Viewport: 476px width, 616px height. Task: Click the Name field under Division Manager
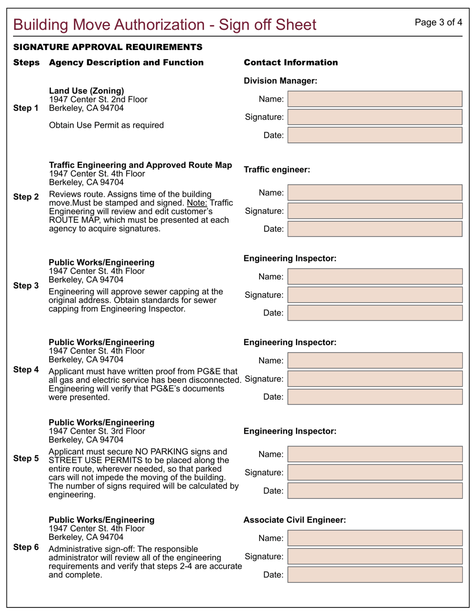pyautogui.click(x=375, y=99)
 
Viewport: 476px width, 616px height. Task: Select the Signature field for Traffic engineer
pyautogui.click(x=375, y=211)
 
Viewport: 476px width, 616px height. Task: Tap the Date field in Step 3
pyautogui.click(x=375, y=313)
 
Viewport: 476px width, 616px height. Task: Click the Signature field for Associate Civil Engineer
pyautogui.click(x=375, y=556)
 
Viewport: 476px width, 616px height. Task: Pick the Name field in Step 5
pyautogui.click(x=375, y=454)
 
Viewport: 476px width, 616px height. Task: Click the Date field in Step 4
pyautogui.click(x=375, y=397)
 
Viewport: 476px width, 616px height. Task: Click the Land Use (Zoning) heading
pyautogui.click(x=86, y=91)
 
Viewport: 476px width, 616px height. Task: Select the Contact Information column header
pyautogui.click(x=291, y=63)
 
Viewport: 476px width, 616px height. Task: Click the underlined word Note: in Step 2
pyautogui.click(x=197, y=203)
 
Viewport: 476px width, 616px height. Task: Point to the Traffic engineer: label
pyautogui.click(x=277, y=170)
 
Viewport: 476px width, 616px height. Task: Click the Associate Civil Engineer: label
pyautogui.click(x=294, y=520)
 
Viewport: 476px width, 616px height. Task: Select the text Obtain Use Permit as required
pyautogui.click(x=106, y=125)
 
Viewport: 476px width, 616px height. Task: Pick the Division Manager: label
pyautogui.click(x=280, y=81)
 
